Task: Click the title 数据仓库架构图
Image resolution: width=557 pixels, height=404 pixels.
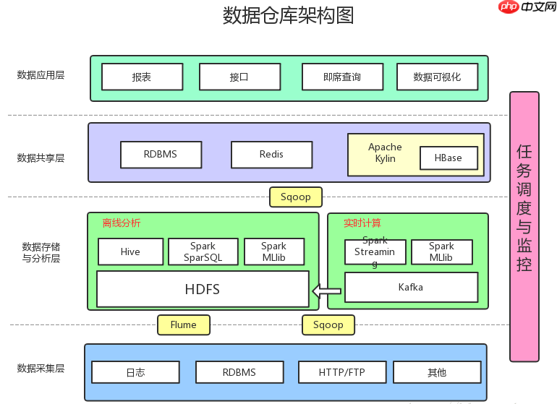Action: point(288,15)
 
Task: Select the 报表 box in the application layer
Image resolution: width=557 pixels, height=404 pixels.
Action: point(142,77)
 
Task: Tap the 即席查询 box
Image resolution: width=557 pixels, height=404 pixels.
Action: point(342,77)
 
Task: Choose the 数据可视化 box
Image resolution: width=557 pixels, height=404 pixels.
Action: point(437,77)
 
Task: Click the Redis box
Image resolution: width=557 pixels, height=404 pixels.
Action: point(271,155)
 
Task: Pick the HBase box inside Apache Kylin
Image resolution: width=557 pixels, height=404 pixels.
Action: point(448,158)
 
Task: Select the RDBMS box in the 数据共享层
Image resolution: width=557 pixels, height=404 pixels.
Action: point(161,155)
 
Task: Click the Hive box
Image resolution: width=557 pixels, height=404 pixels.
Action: point(130,252)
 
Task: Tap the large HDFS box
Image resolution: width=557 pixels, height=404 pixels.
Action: point(203,289)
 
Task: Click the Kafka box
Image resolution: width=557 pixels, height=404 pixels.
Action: point(411,288)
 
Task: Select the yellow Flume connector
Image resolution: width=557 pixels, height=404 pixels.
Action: point(184,325)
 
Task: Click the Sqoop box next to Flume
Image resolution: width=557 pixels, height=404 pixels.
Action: point(328,325)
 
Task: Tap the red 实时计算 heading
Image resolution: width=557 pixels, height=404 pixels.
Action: point(362,223)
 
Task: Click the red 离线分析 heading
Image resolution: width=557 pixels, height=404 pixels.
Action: point(122,223)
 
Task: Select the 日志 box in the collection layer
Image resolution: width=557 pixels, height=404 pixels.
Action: point(135,373)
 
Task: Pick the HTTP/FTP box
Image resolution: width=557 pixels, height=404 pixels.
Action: point(342,373)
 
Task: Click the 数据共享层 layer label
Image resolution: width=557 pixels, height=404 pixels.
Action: point(41,158)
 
